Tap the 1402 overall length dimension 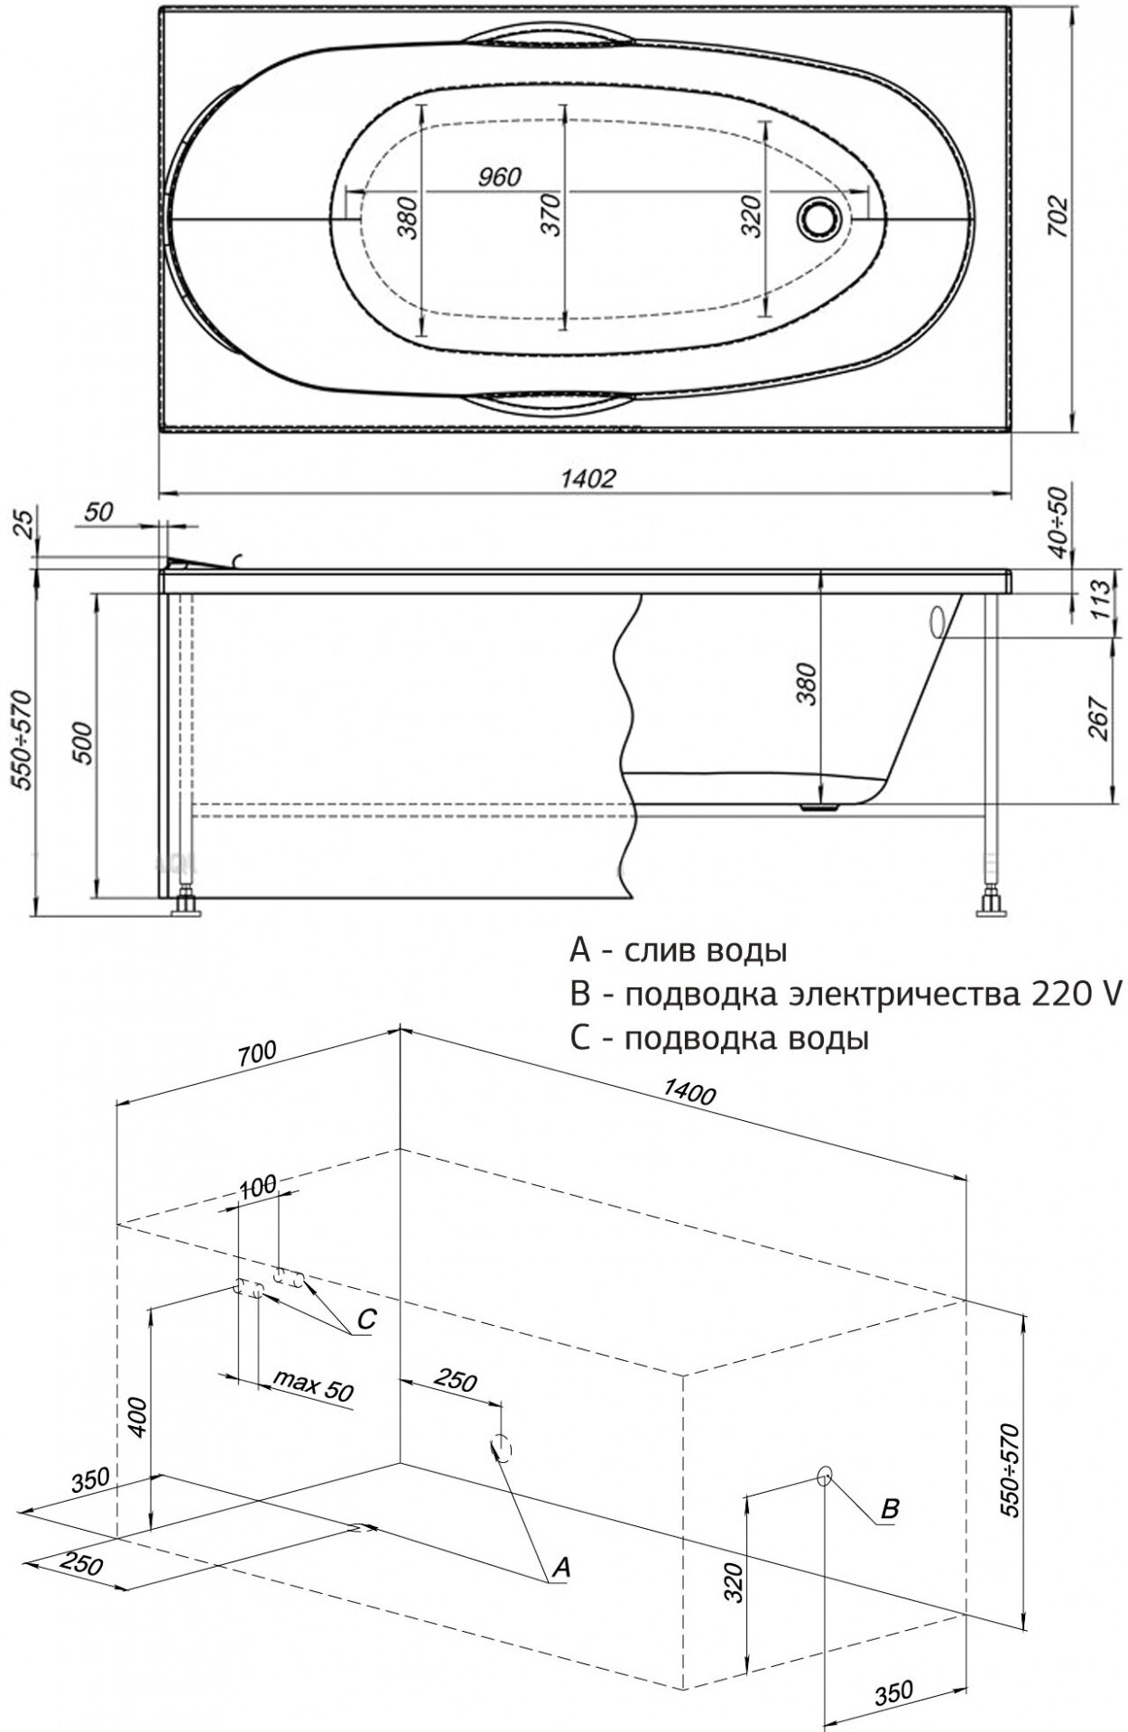pyautogui.click(x=587, y=477)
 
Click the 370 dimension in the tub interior pyautogui.click(x=552, y=215)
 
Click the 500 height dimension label pyautogui.click(x=82, y=743)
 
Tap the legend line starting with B pyautogui.click(x=844, y=994)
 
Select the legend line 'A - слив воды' pyautogui.click(x=677, y=950)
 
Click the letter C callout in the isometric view pyautogui.click(x=365, y=1320)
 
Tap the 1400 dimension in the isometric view pyautogui.click(x=689, y=1094)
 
